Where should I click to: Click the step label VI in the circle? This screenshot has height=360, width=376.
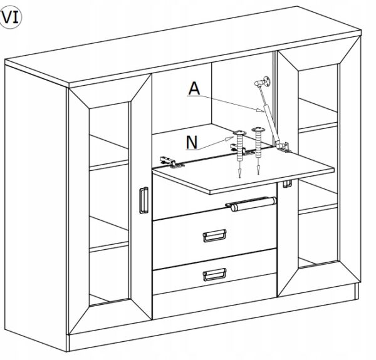pos(11,18)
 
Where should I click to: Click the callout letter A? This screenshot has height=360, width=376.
pos(194,90)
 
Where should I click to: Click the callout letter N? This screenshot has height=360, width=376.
pos(193,143)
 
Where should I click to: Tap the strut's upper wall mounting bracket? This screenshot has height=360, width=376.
pos(265,80)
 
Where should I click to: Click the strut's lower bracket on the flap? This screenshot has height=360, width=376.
pos(285,147)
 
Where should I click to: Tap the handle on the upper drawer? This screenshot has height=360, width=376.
pos(214,235)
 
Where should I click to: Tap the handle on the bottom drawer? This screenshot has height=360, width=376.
pos(214,274)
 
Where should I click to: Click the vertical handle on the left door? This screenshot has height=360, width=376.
pos(143,202)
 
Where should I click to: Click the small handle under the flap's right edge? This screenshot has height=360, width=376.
pos(288,183)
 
